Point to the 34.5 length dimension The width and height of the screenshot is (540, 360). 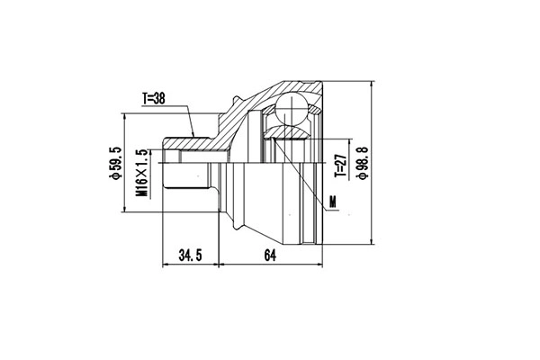coord(188,256)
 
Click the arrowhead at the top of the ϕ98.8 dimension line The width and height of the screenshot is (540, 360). coord(371,82)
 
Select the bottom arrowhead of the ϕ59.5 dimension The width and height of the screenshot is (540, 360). coord(124,212)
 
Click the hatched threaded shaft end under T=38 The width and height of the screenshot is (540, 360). coord(184,142)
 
